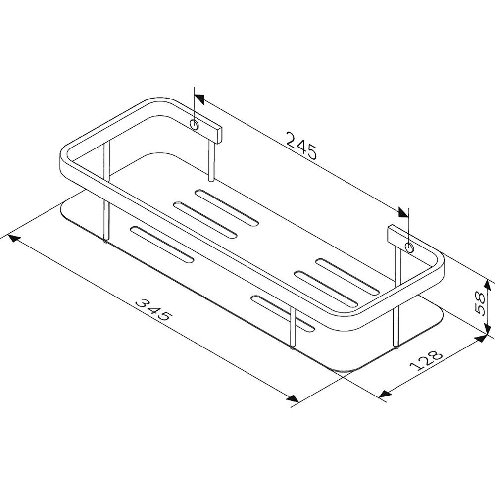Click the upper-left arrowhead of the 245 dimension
[199, 99]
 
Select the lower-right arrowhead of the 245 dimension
[403, 212]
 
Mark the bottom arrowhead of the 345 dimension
[293, 398]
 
